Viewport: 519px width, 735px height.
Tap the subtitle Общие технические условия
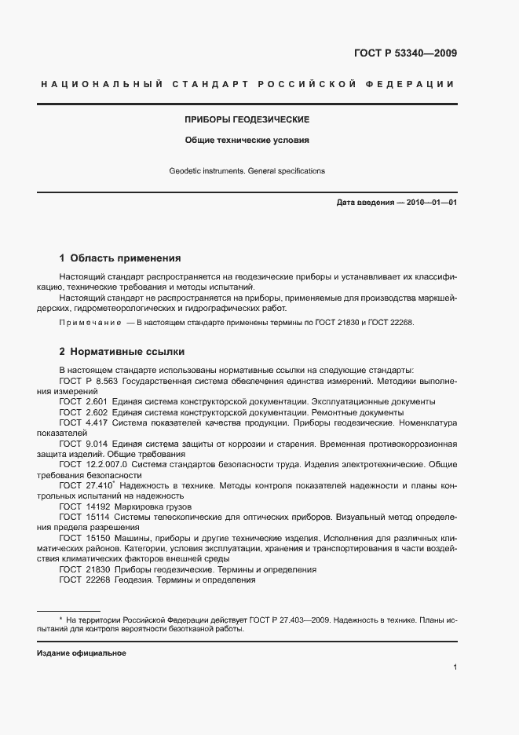tap(247, 142)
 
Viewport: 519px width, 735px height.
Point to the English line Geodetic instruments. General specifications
tap(247, 170)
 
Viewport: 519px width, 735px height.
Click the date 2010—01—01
tap(432, 203)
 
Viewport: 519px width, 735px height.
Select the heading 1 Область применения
tap(120, 258)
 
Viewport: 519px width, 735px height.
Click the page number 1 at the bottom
tap(455, 667)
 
